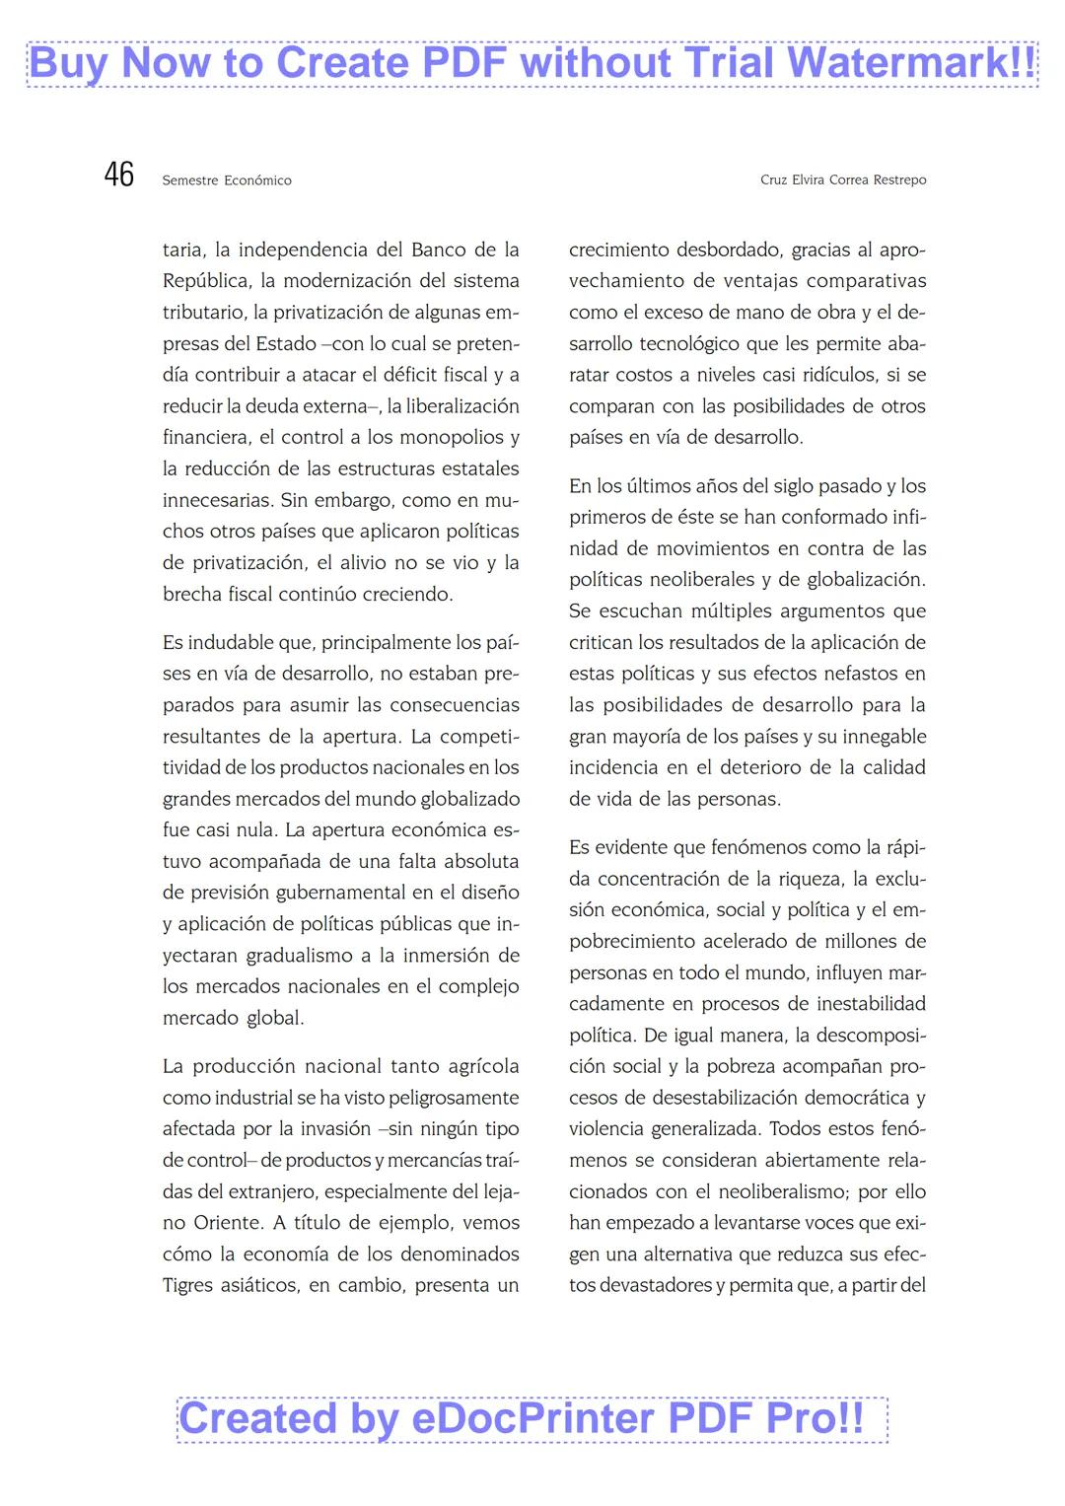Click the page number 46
(118, 175)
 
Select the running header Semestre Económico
(227, 180)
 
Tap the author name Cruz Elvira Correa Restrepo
(843, 180)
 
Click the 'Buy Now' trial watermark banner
(532, 63)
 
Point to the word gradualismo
(299, 955)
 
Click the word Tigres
(190, 1285)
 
